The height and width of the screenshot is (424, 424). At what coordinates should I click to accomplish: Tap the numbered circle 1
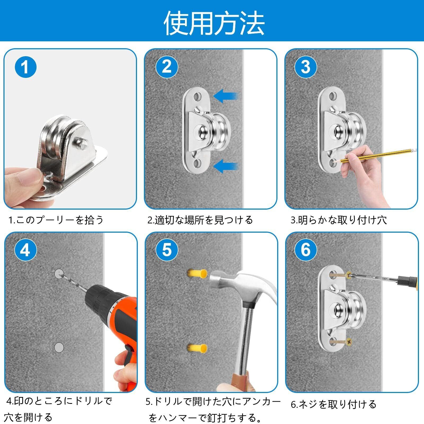(x=25, y=67)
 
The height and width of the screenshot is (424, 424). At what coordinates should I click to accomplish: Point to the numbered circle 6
(x=306, y=250)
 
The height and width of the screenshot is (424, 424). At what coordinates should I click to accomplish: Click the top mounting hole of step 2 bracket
(x=197, y=96)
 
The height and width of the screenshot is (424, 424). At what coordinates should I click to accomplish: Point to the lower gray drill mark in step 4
(x=59, y=347)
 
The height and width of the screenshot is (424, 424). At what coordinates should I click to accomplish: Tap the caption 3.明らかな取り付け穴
(x=338, y=220)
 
